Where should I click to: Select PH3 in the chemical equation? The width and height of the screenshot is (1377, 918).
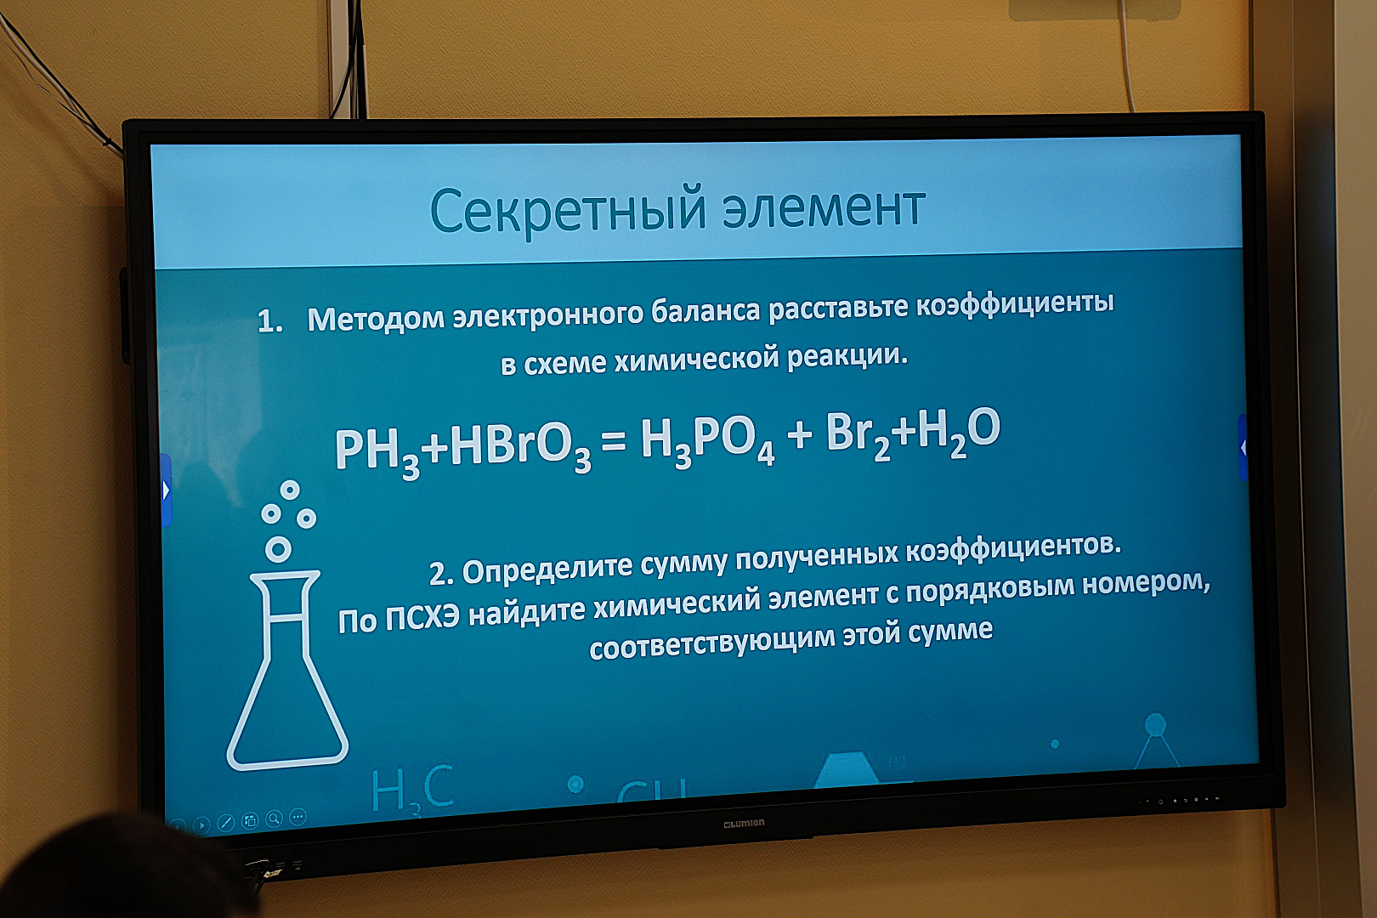(377, 452)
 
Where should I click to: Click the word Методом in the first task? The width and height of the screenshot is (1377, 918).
(376, 319)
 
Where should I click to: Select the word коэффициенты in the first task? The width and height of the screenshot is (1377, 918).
(1015, 304)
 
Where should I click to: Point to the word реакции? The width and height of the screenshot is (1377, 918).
(847, 355)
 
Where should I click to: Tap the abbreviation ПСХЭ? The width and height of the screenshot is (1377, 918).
(423, 619)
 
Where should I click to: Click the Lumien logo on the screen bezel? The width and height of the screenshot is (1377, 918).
(744, 823)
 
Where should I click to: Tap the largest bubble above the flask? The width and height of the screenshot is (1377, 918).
(278, 549)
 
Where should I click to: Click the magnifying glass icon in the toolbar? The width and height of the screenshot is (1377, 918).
(275, 819)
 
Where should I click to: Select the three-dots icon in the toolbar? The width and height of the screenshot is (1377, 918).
(298, 817)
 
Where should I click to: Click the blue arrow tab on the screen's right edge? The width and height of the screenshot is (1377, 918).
(1243, 447)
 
